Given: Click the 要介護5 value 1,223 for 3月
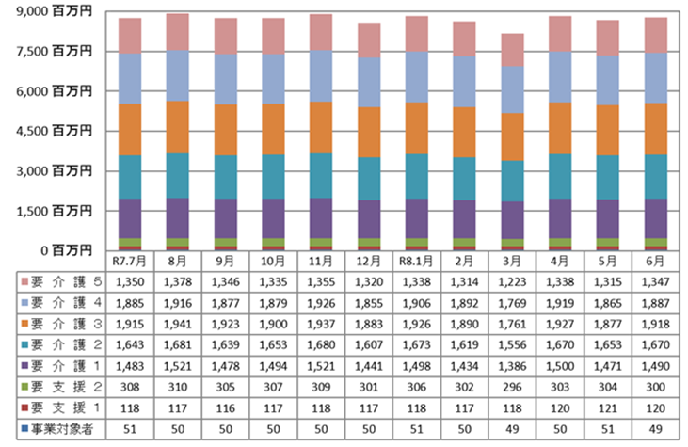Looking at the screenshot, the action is pos(512,282).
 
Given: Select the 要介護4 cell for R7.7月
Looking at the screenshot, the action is pos(130,303).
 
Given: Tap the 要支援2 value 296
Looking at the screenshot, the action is pos(512,388).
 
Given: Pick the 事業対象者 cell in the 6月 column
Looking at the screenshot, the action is pos(656,429).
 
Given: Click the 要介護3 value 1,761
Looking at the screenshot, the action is pos(512,324).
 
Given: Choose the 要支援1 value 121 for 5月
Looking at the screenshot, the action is pos(608,408).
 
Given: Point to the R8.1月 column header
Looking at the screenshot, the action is pos(416,262).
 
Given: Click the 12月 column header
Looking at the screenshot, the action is pos(368,262).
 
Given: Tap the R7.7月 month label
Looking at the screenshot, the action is pos(129,262).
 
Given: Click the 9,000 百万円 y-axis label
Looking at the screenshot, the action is pos(54,11).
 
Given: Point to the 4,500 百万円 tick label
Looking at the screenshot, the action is pos(54,131).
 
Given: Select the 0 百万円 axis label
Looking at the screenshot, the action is pos(66,250).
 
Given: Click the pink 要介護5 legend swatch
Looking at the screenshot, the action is pos(24,281).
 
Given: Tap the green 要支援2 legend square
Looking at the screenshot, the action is pos(24,387).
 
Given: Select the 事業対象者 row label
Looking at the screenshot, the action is pos(62,429).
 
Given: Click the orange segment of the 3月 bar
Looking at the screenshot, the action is pos(512,136).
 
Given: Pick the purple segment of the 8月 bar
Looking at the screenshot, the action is pos(177,218).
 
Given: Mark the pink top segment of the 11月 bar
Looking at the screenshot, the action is pos(321,32).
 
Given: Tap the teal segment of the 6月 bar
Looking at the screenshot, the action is pos(656,177).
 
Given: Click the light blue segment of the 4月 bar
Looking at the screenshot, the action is pos(560,77).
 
